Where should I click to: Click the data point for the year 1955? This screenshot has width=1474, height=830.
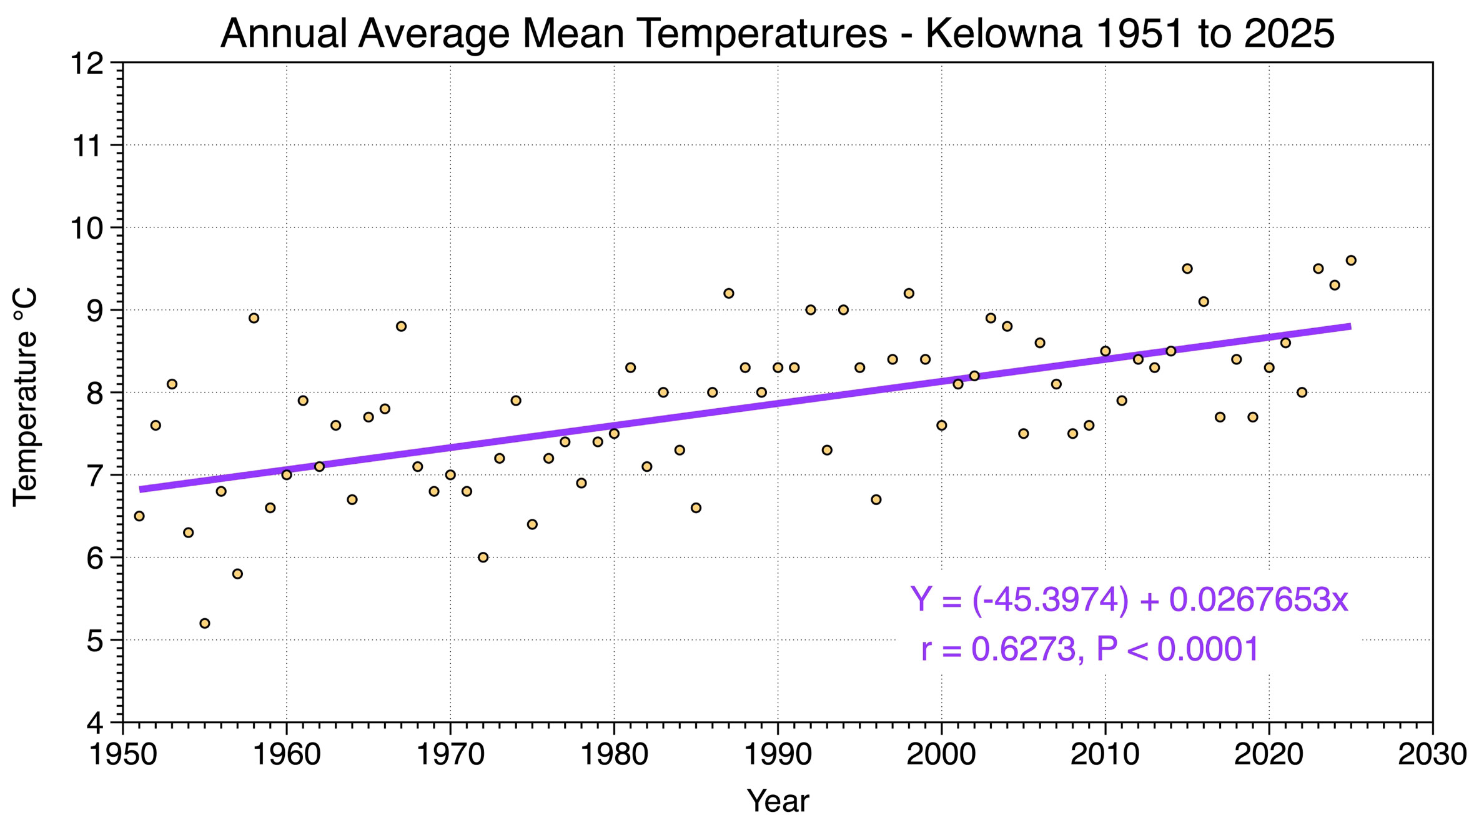coord(205,623)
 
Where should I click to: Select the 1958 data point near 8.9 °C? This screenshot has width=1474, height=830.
coord(254,318)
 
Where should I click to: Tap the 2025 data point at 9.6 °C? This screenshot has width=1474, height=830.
coord(1351,261)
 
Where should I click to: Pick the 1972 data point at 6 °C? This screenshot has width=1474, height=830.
coord(483,557)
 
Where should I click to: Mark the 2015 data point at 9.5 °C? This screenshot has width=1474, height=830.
coord(1187,269)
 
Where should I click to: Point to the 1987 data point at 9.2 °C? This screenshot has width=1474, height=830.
coord(729,293)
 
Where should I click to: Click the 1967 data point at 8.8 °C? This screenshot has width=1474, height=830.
coord(401,326)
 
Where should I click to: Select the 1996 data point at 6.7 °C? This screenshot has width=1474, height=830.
coord(876,499)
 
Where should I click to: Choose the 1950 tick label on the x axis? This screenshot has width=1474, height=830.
coord(123,754)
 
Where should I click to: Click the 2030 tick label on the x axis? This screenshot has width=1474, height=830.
coord(1432,754)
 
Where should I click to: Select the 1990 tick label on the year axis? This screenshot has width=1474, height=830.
coord(778,754)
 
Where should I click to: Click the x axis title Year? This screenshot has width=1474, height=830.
coord(778,801)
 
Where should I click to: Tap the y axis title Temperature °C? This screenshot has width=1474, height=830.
coord(26,396)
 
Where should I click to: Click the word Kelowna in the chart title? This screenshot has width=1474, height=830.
coord(1004,34)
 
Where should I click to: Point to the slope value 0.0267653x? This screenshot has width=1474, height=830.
coord(1258,600)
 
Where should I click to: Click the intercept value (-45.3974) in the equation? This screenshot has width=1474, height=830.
coord(1051,600)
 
